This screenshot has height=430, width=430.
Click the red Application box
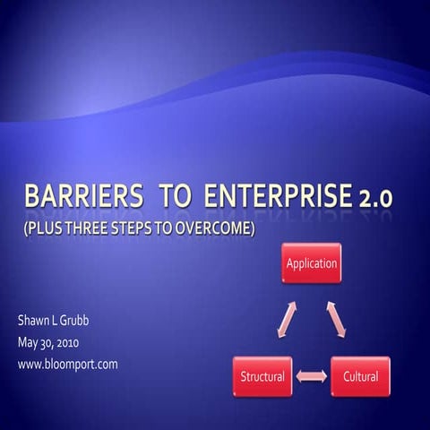[x=311, y=263]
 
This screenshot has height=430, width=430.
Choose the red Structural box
[x=262, y=376]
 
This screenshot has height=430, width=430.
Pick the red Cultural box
[x=360, y=376]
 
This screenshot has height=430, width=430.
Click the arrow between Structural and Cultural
[x=311, y=377]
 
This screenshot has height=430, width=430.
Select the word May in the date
[x=29, y=342]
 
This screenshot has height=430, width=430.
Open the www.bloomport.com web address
[x=67, y=364]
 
